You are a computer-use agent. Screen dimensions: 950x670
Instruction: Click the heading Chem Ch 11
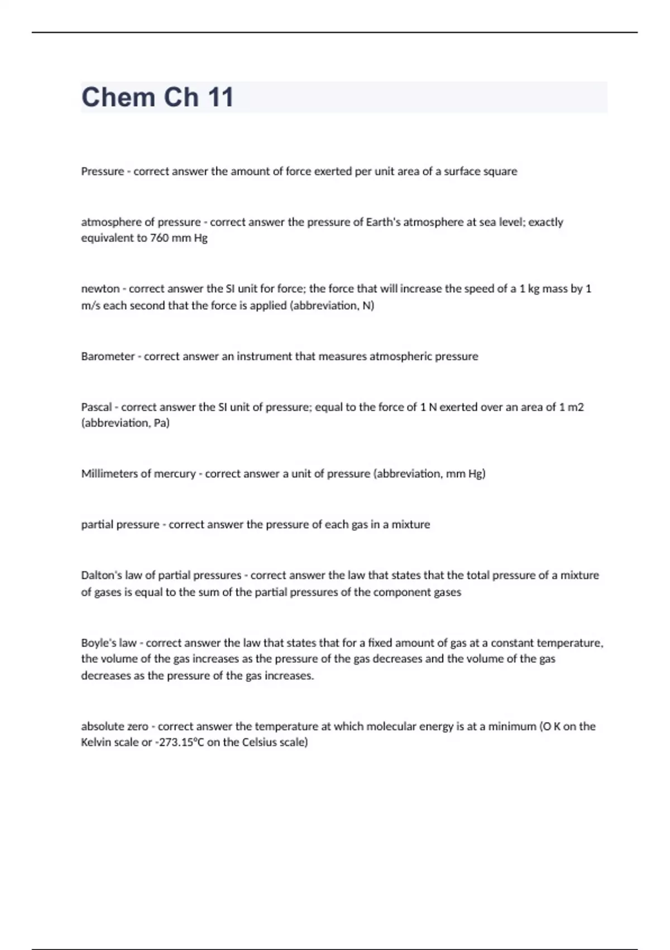coord(157,97)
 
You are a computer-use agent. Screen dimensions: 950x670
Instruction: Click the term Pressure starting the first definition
coord(102,172)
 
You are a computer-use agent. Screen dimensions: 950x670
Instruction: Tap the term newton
coord(100,289)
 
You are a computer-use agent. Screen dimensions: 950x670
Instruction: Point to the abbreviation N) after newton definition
coord(368,306)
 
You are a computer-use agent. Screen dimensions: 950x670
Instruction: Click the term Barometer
coord(108,357)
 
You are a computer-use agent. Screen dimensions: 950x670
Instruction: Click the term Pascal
coord(96,407)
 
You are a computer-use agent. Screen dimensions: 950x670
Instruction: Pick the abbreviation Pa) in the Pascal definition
coord(161,423)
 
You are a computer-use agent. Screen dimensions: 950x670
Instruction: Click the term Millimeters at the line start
coord(109,474)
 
